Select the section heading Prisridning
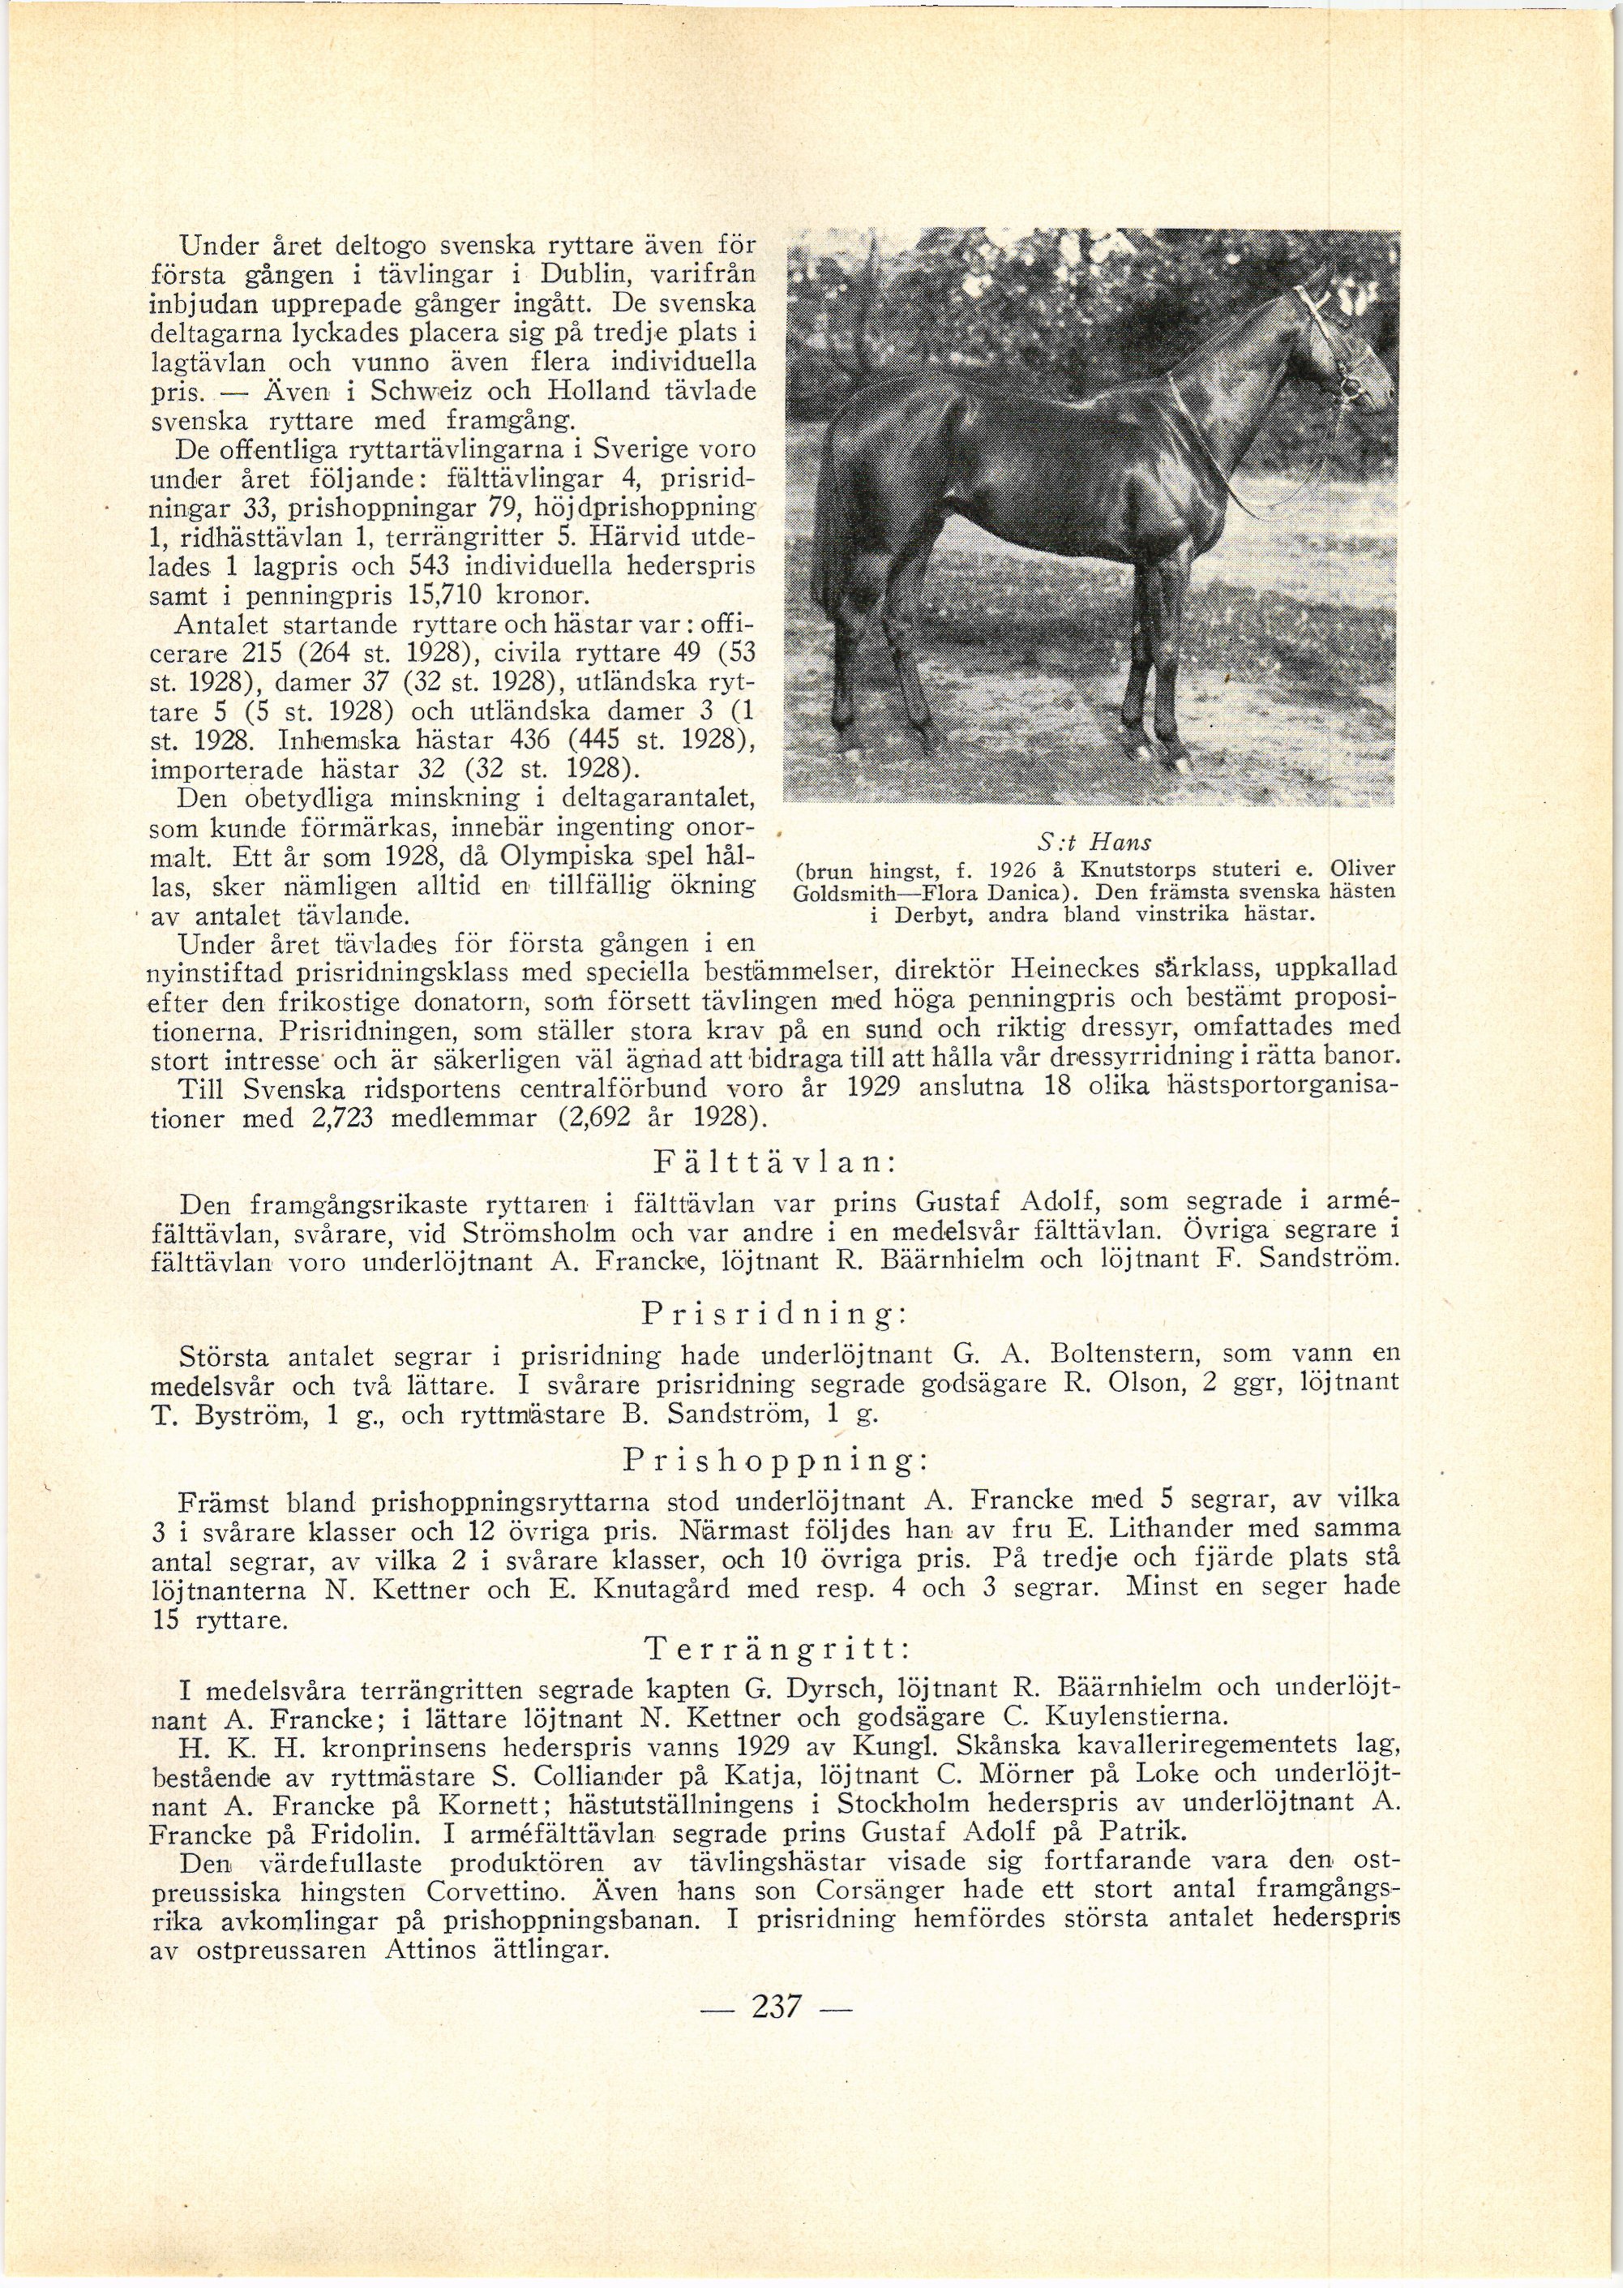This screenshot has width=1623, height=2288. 773,1312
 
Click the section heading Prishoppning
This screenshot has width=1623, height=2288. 773,1462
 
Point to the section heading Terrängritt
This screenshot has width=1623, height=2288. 773,1647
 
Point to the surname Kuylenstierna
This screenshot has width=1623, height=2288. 1134,1719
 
